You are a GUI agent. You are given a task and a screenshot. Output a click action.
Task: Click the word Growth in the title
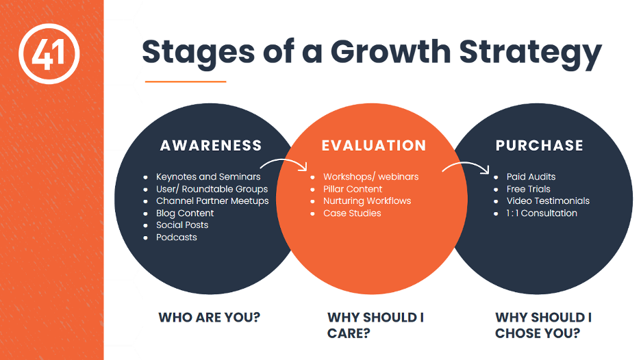390,52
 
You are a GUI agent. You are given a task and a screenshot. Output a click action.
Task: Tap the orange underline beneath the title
186,81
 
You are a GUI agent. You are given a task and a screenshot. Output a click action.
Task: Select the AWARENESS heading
211,146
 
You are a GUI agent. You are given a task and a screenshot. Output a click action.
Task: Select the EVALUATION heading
374,146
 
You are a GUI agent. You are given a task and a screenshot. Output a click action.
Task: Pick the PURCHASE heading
540,146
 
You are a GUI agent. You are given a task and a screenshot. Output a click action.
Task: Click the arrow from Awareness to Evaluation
285,161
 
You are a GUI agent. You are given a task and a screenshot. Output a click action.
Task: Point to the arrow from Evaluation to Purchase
466,164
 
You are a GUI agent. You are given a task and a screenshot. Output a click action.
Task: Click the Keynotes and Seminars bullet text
208,177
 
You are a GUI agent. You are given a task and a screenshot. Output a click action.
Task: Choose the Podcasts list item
177,237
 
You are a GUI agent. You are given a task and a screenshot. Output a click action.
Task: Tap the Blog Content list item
185,213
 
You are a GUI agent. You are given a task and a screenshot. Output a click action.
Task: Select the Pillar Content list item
353,189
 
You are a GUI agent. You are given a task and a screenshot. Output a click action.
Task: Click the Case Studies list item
352,213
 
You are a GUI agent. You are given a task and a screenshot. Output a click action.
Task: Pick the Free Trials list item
528,189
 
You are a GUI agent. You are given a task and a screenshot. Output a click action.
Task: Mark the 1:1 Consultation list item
542,213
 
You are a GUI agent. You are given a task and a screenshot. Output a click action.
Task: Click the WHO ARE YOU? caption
210,318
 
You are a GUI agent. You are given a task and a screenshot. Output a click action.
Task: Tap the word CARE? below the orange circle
349,333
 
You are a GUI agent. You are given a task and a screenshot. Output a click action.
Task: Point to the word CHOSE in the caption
516,333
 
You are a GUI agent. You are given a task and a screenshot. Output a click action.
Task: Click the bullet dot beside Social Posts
146,226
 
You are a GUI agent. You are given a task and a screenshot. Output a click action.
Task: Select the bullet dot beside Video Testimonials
496,201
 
